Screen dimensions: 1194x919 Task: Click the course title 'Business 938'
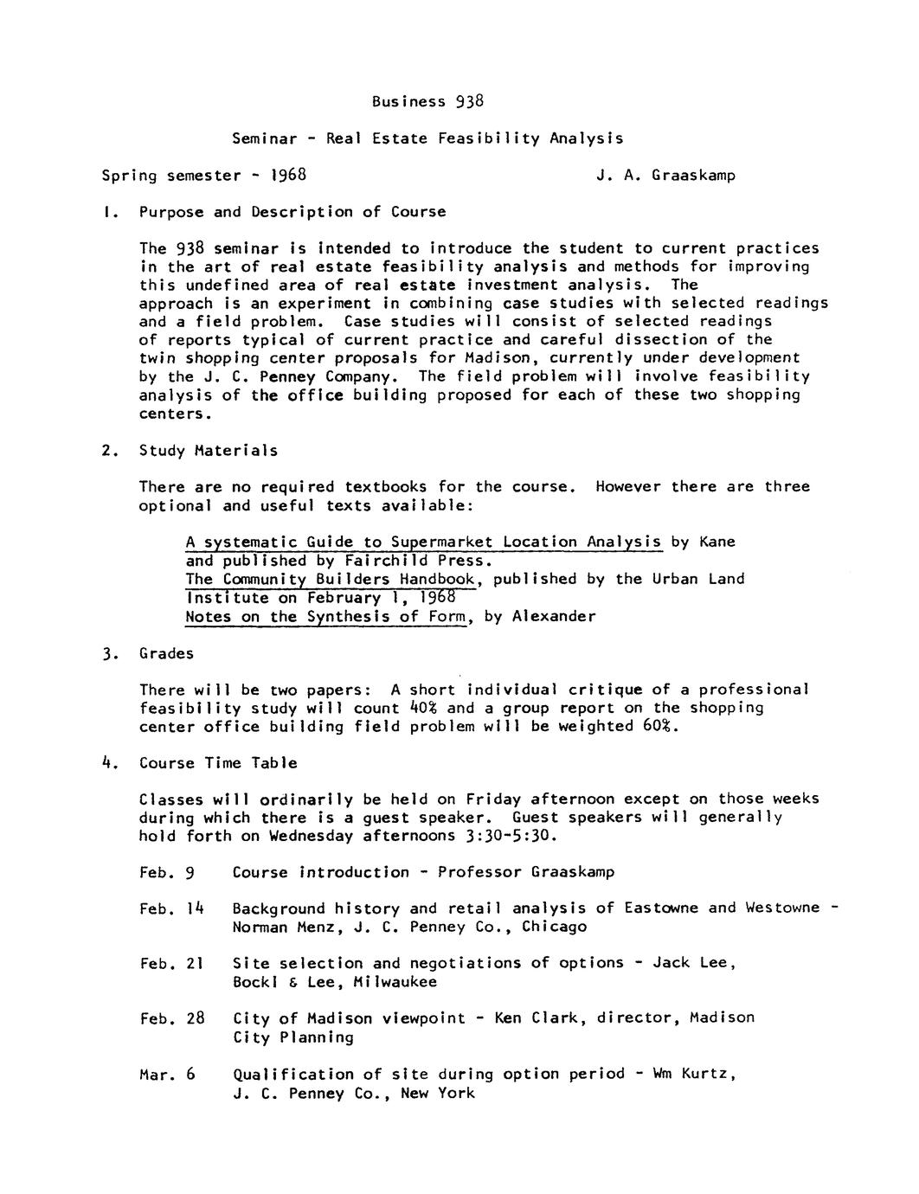coord(427,101)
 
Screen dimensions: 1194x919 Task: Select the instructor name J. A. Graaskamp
coord(665,176)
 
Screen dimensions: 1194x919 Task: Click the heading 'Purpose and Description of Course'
coord(292,212)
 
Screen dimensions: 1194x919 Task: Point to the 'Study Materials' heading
coord(209,451)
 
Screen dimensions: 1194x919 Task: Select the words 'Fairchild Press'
coord(416,561)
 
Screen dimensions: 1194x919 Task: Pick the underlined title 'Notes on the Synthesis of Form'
coord(326,617)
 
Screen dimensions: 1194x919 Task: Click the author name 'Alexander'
coord(553,617)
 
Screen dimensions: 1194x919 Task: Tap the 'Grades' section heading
coord(166,653)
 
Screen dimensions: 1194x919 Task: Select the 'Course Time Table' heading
coord(218,763)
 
